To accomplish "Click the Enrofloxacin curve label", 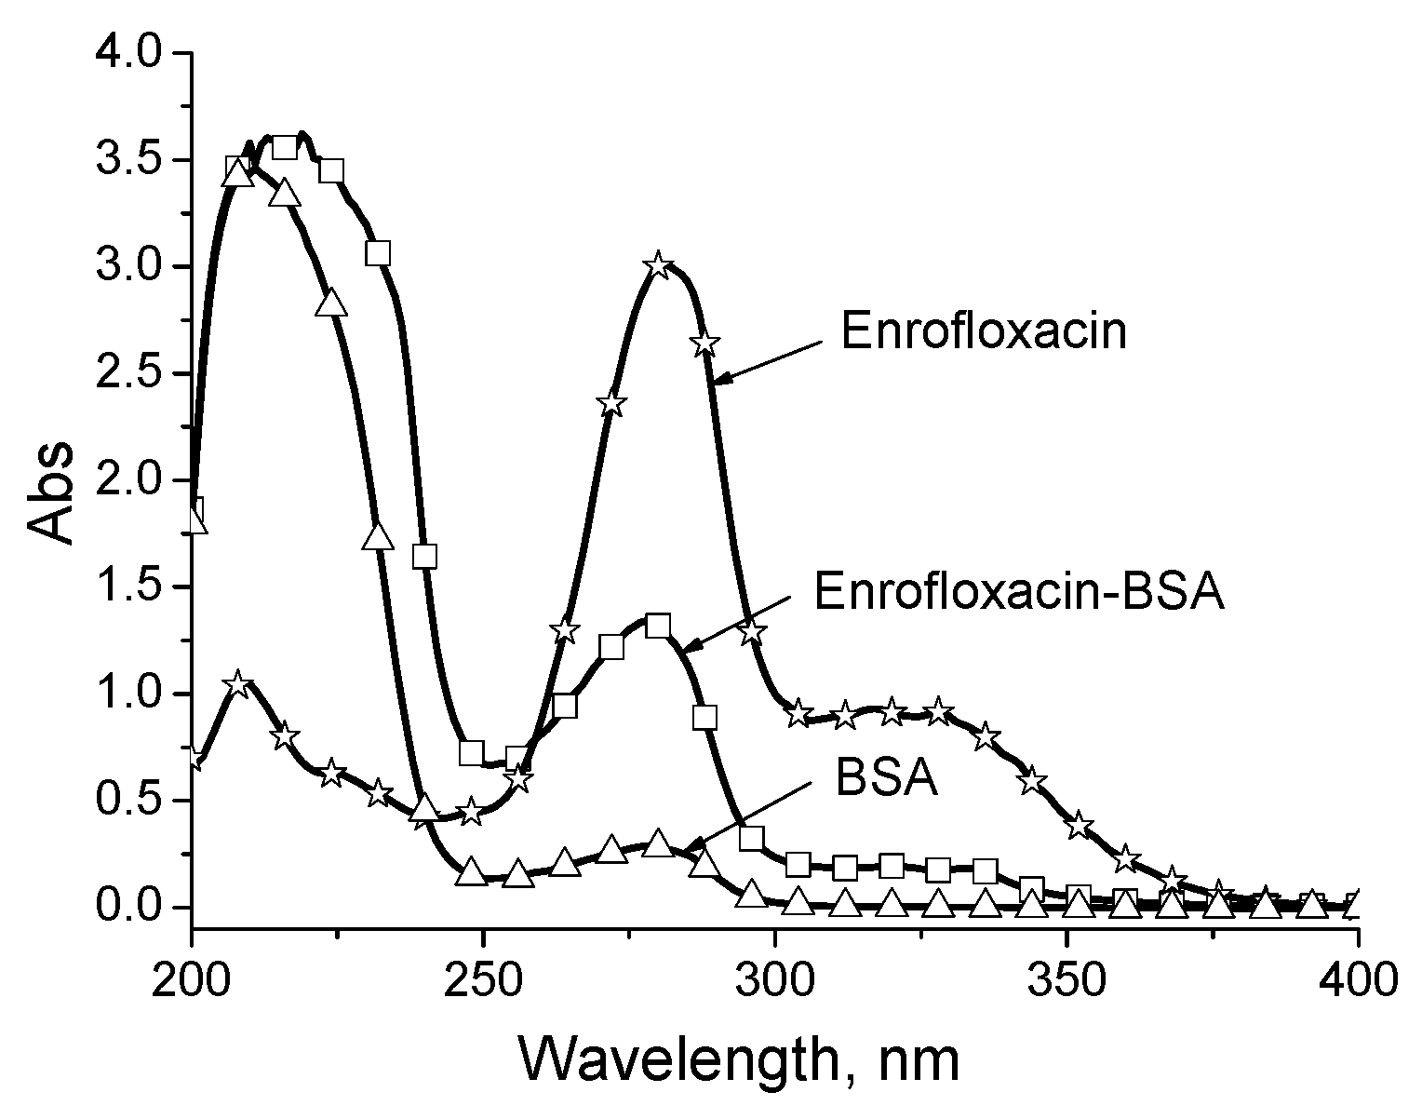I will pyautogui.click(x=984, y=332).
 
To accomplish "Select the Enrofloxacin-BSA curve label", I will pyautogui.click(x=1018, y=591).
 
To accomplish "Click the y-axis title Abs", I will pyautogui.click(x=50, y=492).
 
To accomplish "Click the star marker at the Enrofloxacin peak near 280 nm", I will pyautogui.click(x=659, y=265).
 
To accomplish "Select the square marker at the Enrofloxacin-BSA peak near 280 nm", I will pyautogui.click(x=658, y=625).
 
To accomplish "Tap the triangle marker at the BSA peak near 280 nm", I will pyautogui.click(x=658, y=843).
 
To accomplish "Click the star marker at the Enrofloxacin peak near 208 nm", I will pyautogui.click(x=238, y=684).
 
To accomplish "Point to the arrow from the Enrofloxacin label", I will pyautogui.click(x=768, y=361).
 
